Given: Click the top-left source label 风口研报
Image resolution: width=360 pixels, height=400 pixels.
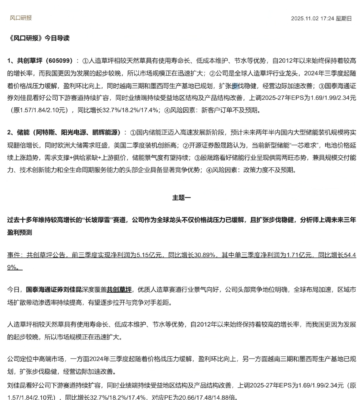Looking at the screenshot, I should click(x=21, y=18).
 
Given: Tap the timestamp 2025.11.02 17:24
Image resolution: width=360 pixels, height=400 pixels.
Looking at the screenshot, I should click(x=312, y=18).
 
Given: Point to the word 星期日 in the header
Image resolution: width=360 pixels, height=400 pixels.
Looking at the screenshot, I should click(x=344, y=18).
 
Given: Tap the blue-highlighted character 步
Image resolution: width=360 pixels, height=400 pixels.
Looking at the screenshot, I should click(x=235, y=86).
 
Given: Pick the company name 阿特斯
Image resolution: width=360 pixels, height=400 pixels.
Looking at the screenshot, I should click(x=46, y=132).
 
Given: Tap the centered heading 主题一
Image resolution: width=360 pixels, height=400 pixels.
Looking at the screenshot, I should click(x=181, y=198).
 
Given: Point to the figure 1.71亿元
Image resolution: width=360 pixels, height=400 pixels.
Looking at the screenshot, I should click(x=300, y=255).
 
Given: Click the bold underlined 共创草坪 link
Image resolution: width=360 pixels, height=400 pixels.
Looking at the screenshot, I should click(x=119, y=289).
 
